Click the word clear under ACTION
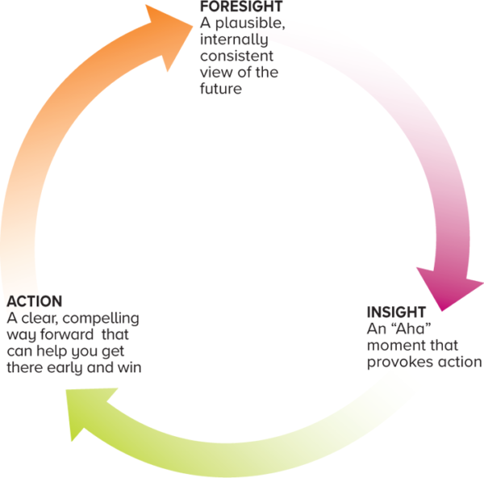35,318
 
